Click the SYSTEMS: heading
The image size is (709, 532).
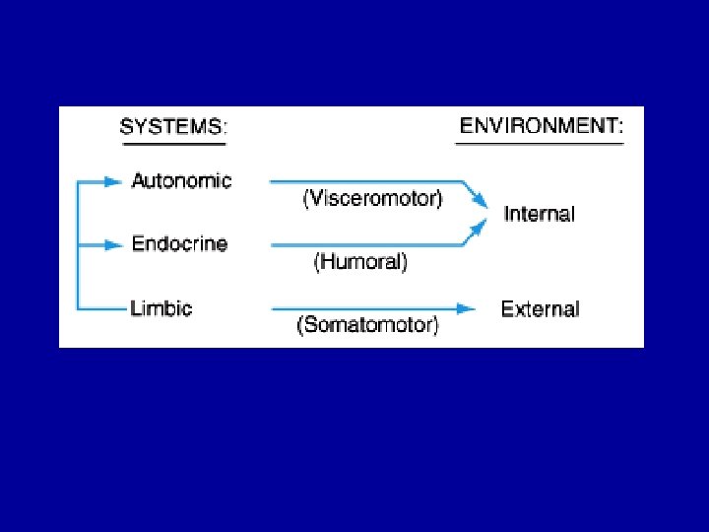click(x=173, y=127)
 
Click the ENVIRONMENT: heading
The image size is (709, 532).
click(x=541, y=125)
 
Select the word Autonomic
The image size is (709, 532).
click(x=181, y=181)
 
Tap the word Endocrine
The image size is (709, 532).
click(x=179, y=243)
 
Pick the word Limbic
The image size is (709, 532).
click(x=161, y=307)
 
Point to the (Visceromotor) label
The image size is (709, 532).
click(x=372, y=199)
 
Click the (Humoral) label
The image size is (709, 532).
click(x=360, y=262)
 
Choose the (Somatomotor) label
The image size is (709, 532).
click(x=368, y=325)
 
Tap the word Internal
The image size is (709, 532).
click(x=539, y=214)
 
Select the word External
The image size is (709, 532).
click(x=541, y=309)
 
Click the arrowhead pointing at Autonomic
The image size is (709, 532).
click(x=114, y=181)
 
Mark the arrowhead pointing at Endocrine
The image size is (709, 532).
click(x=114, y=244)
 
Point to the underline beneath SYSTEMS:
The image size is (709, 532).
click(x=173, y=145)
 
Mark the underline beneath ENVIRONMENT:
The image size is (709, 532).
click(x=540, y=144)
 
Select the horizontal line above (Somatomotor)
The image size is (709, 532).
click(x=369, y=309)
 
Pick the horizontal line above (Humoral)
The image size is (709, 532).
click(x=364, y=244)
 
